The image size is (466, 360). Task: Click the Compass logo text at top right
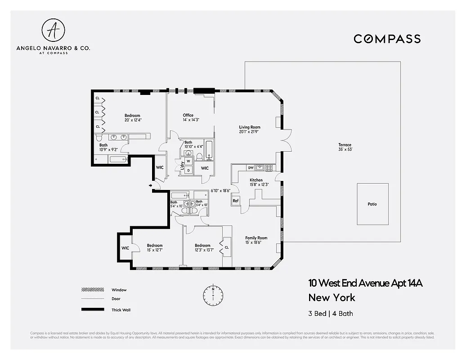pos(387,39)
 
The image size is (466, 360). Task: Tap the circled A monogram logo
pos(53,30)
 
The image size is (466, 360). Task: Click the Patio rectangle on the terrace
pos(372,204)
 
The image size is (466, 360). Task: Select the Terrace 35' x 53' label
pos(345,147)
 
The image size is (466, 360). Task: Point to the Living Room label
pos(250,130)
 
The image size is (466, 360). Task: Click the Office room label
pos(188,117)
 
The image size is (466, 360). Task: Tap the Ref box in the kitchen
pos(236,201)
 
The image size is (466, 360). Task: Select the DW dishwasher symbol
pos(251,168)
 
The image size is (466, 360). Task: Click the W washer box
pos(188,161)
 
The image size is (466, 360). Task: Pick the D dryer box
pos(188,170)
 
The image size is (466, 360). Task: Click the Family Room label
pos(256,240)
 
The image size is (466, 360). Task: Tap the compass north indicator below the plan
pos(213,295)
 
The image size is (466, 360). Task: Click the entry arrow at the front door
pos(151,185)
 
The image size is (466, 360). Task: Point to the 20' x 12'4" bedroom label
pos(133,118)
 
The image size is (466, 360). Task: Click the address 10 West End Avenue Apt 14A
pos(365,283)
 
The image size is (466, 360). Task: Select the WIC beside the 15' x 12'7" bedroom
pos(125,248)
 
